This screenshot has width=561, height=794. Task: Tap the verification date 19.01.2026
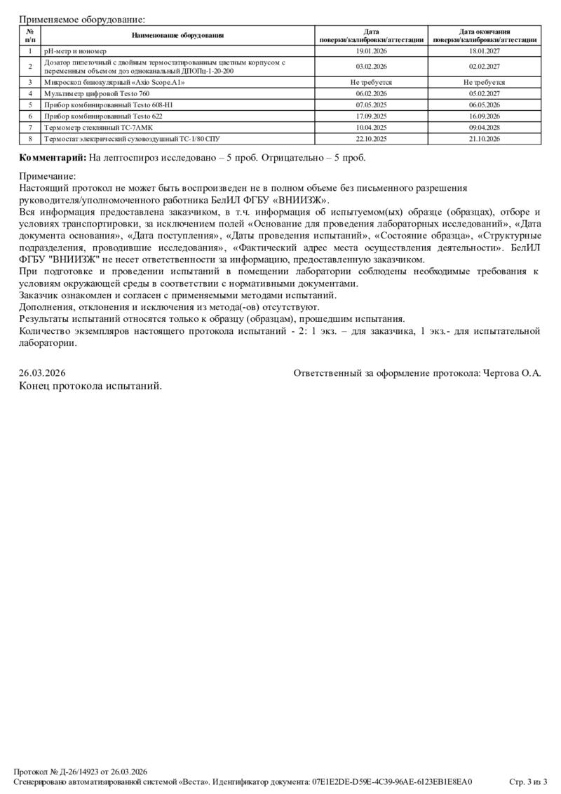click(372, 51)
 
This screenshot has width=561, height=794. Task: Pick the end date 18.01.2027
click(485, 51)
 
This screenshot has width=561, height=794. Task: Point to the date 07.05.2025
click(372, 104)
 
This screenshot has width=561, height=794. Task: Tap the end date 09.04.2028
click(485, 127)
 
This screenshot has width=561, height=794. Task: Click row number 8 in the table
click(30, 139)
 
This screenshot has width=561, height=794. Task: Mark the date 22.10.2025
click(372, 139)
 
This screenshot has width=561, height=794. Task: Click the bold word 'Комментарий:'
click(53, 157)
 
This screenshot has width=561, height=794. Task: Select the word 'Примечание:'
click(47, 177)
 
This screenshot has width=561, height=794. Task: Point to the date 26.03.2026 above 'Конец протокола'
click(42, 374)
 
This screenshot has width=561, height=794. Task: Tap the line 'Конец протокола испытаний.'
click(90, 386)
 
